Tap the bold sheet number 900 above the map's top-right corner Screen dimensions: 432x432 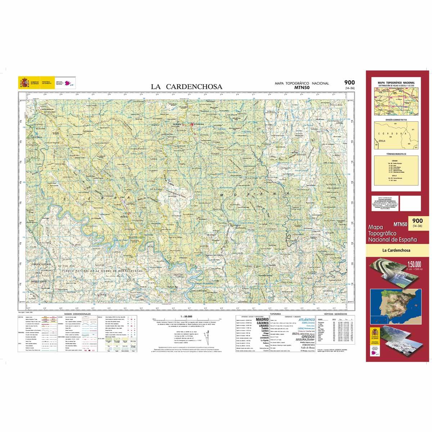349,83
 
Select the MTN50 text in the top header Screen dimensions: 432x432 301,87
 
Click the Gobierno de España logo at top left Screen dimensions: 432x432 24,84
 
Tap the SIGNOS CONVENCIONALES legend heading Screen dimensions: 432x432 77,314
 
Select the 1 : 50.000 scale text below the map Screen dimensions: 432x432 184,316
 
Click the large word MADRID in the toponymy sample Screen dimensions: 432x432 262,319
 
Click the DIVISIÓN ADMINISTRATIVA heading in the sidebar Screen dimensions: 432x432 396,120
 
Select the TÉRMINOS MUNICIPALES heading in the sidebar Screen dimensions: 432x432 396,154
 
